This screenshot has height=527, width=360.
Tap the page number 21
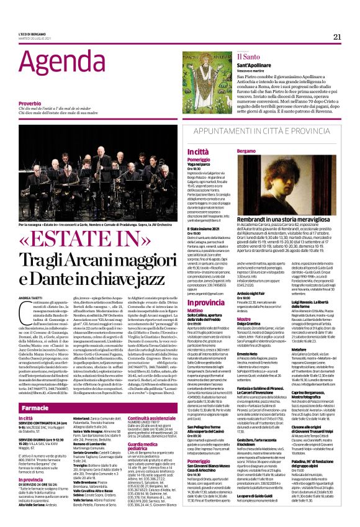336,37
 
